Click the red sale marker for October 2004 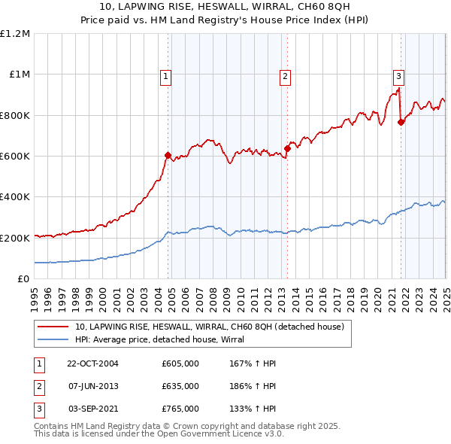pyautogui.click(x=168, y=155)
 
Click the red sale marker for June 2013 pyautogui.click(x=287, y=148)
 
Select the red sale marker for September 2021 pyautogui.click(x=401, y=123)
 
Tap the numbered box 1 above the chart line pyautogui.click(x=165, y=75)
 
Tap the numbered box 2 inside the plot pyautogui.click(x=286, y=75)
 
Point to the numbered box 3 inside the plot pyautogui.click(x=398, y=75)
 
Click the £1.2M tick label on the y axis pyautogui.click(x=15, y=34)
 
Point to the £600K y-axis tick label pyautogui.click(x=15, y=157)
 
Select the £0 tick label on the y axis pyautogui.click(x=23, y=279)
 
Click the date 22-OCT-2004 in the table pyautogui.click(x=93, y=363)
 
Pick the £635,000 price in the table pyautogui.click(x=180, y=386)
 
